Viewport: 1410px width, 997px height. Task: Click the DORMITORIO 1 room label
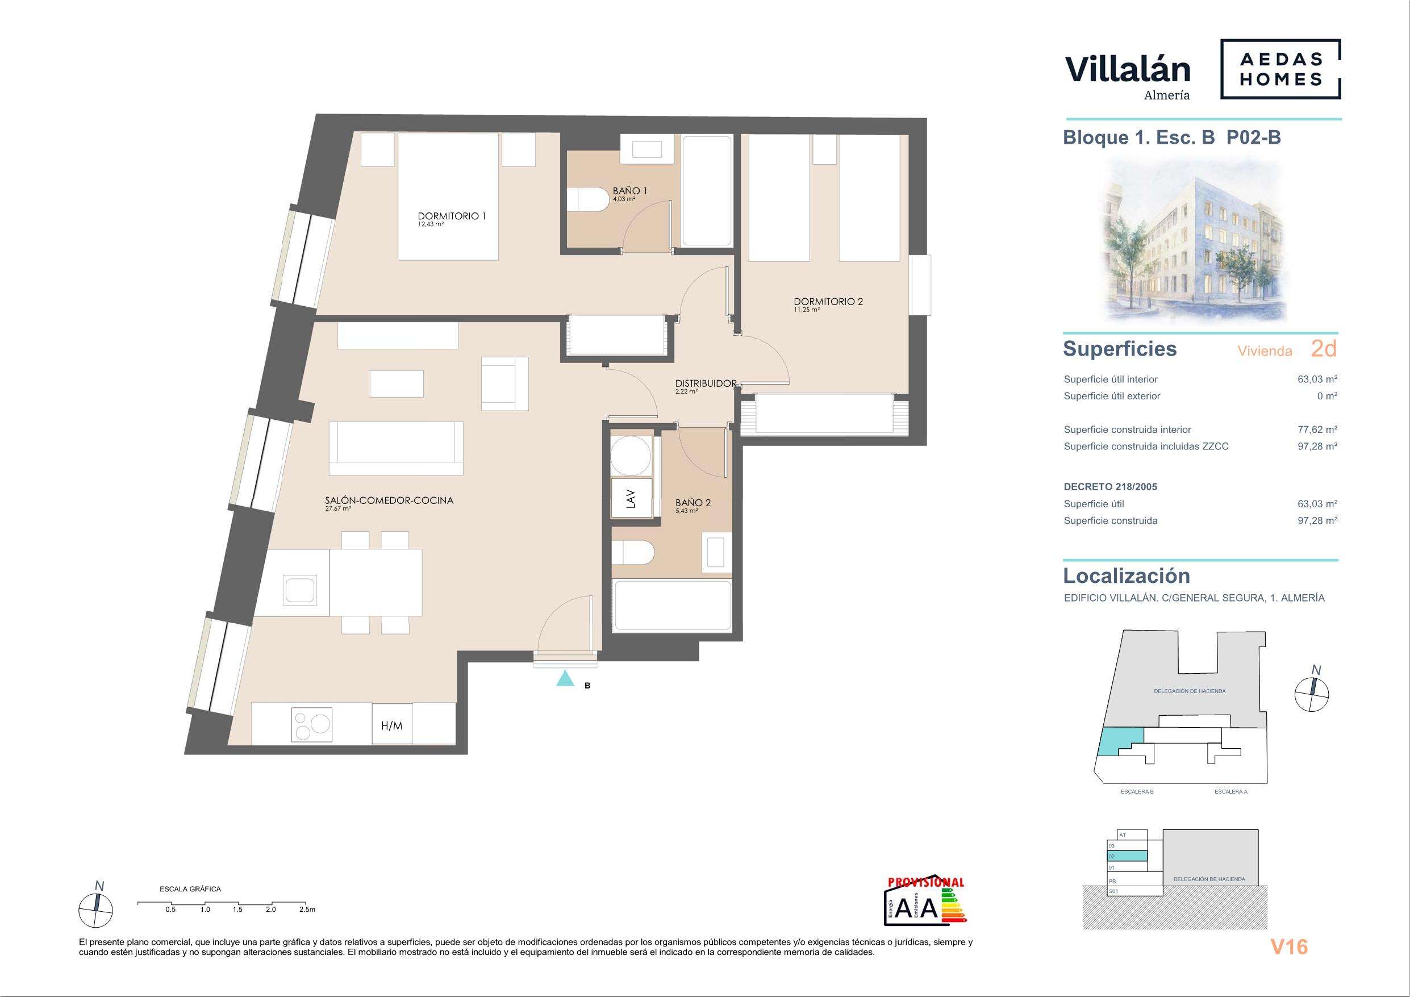452,216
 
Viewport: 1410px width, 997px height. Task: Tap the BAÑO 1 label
629,191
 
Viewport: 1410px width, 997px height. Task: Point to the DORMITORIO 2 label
828,302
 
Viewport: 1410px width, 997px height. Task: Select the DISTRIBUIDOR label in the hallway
706,383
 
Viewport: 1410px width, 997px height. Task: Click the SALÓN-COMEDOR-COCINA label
389,500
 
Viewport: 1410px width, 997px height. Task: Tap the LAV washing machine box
631,498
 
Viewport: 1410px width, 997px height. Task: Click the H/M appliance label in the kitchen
392,725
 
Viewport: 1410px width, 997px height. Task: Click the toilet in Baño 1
584,199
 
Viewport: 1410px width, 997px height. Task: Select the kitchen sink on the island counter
301,590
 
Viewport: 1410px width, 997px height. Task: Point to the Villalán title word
1128,69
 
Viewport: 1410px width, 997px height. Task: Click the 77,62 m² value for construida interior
1317,429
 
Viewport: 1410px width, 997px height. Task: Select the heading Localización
1127,575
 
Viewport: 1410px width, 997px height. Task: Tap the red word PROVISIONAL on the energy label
926,882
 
